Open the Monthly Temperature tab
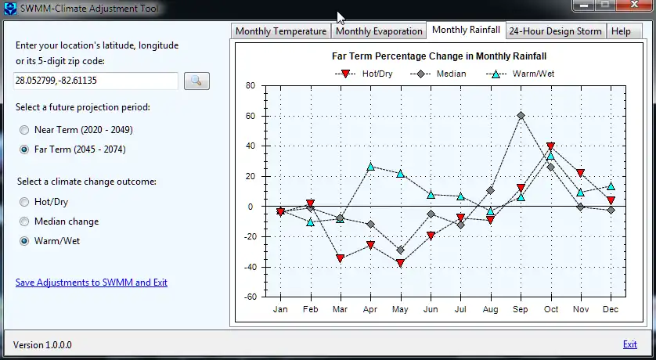point(280,31)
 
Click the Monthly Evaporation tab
point(378,31)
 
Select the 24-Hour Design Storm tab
point(556,31)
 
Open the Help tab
point(621,31)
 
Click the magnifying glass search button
point(196,81)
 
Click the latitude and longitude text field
point(96,81)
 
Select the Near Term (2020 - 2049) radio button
point(25,130)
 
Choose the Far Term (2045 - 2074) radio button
point(25,149)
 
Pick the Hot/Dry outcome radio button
point(25,202)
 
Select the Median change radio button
point(25,221)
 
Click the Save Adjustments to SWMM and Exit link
point(92,283)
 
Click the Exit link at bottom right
point(629,344)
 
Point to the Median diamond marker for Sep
point(521,116)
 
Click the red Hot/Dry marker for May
point(400,263)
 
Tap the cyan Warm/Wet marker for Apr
point(370,167)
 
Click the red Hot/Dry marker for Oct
point(551,146)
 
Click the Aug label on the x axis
point(491,310)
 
